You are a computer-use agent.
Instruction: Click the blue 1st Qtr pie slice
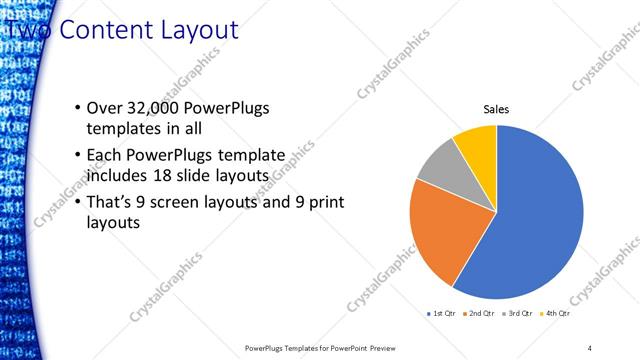[x=530, y=220]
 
